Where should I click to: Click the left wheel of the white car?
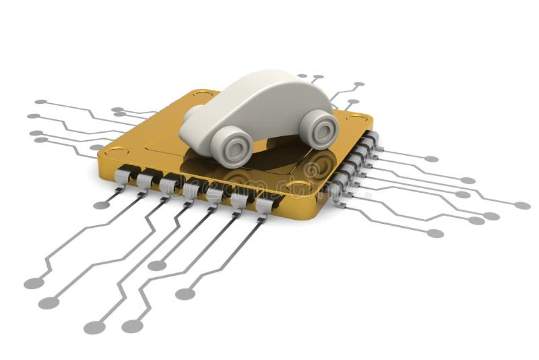(230, 146)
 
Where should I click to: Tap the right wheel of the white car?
(318, 129)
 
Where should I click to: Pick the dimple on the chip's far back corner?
(202, 94)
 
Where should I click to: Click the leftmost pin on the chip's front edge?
(123, 176)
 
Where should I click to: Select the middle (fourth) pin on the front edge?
(192, 190)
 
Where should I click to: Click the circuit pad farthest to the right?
(522, 205)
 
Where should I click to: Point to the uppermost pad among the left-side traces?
(41, 102)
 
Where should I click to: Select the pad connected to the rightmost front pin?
(185, 293)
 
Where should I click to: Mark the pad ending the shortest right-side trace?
(431, 159)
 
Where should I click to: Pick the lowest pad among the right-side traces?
(435, 233)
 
